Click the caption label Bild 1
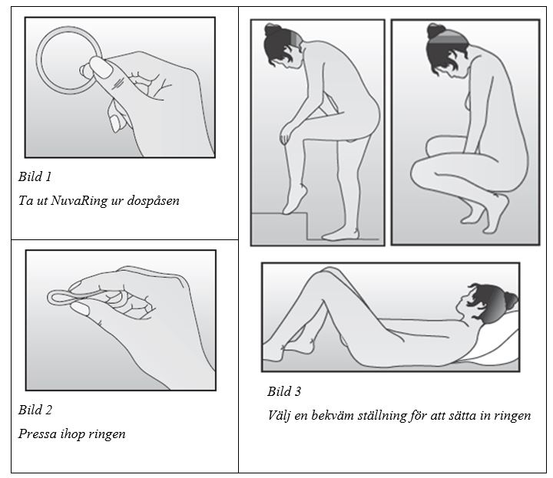(x=35, y=176)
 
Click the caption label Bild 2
(x=35, y=410)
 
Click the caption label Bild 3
(x=284, y=391)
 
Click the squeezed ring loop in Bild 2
(x=56, y=298)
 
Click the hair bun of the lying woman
(x=510, y=300)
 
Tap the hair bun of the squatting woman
(x=434, y=31)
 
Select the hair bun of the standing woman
(x=272, y=30)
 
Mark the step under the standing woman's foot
(x=280, y=226)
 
